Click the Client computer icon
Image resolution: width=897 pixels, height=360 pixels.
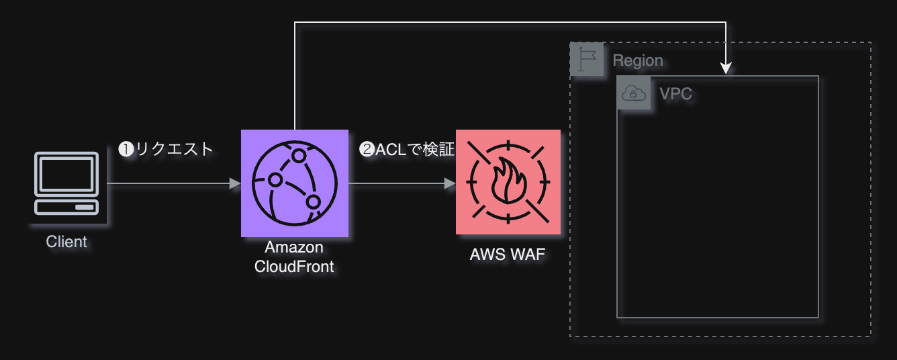tap(66, 183)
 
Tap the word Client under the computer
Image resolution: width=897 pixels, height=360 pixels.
tap(66, 242)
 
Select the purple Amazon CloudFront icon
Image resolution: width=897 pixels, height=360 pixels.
tap(295, 183)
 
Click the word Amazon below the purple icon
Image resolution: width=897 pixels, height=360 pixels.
tap(294, 247)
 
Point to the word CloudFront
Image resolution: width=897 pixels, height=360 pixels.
tap(294, 267)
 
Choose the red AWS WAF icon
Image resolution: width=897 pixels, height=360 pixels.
tap(508, 182)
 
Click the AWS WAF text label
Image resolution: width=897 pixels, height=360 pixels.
tap(508, 255)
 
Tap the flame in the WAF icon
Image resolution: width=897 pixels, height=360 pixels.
tap(508, 181)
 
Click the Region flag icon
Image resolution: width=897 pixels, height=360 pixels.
tap(587, 59)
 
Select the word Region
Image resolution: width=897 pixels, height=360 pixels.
tap(638, 60)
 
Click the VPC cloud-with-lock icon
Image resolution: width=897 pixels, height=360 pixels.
tap(634, 93)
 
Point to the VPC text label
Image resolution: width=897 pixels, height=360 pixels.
tap(675, 94)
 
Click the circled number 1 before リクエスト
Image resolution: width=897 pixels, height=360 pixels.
tap(126, 149)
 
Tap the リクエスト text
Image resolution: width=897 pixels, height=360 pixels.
tap(174, 149)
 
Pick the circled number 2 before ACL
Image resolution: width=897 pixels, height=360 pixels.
tap(367, 149)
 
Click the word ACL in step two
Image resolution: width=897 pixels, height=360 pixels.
tap(391, 149)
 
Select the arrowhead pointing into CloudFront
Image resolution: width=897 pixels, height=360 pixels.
tap(235, 183)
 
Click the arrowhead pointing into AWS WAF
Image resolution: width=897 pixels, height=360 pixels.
tap(450, 183)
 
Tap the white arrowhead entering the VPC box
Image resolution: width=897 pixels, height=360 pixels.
tap(726, 69)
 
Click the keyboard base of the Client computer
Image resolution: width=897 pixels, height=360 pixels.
tap(66, 207)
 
